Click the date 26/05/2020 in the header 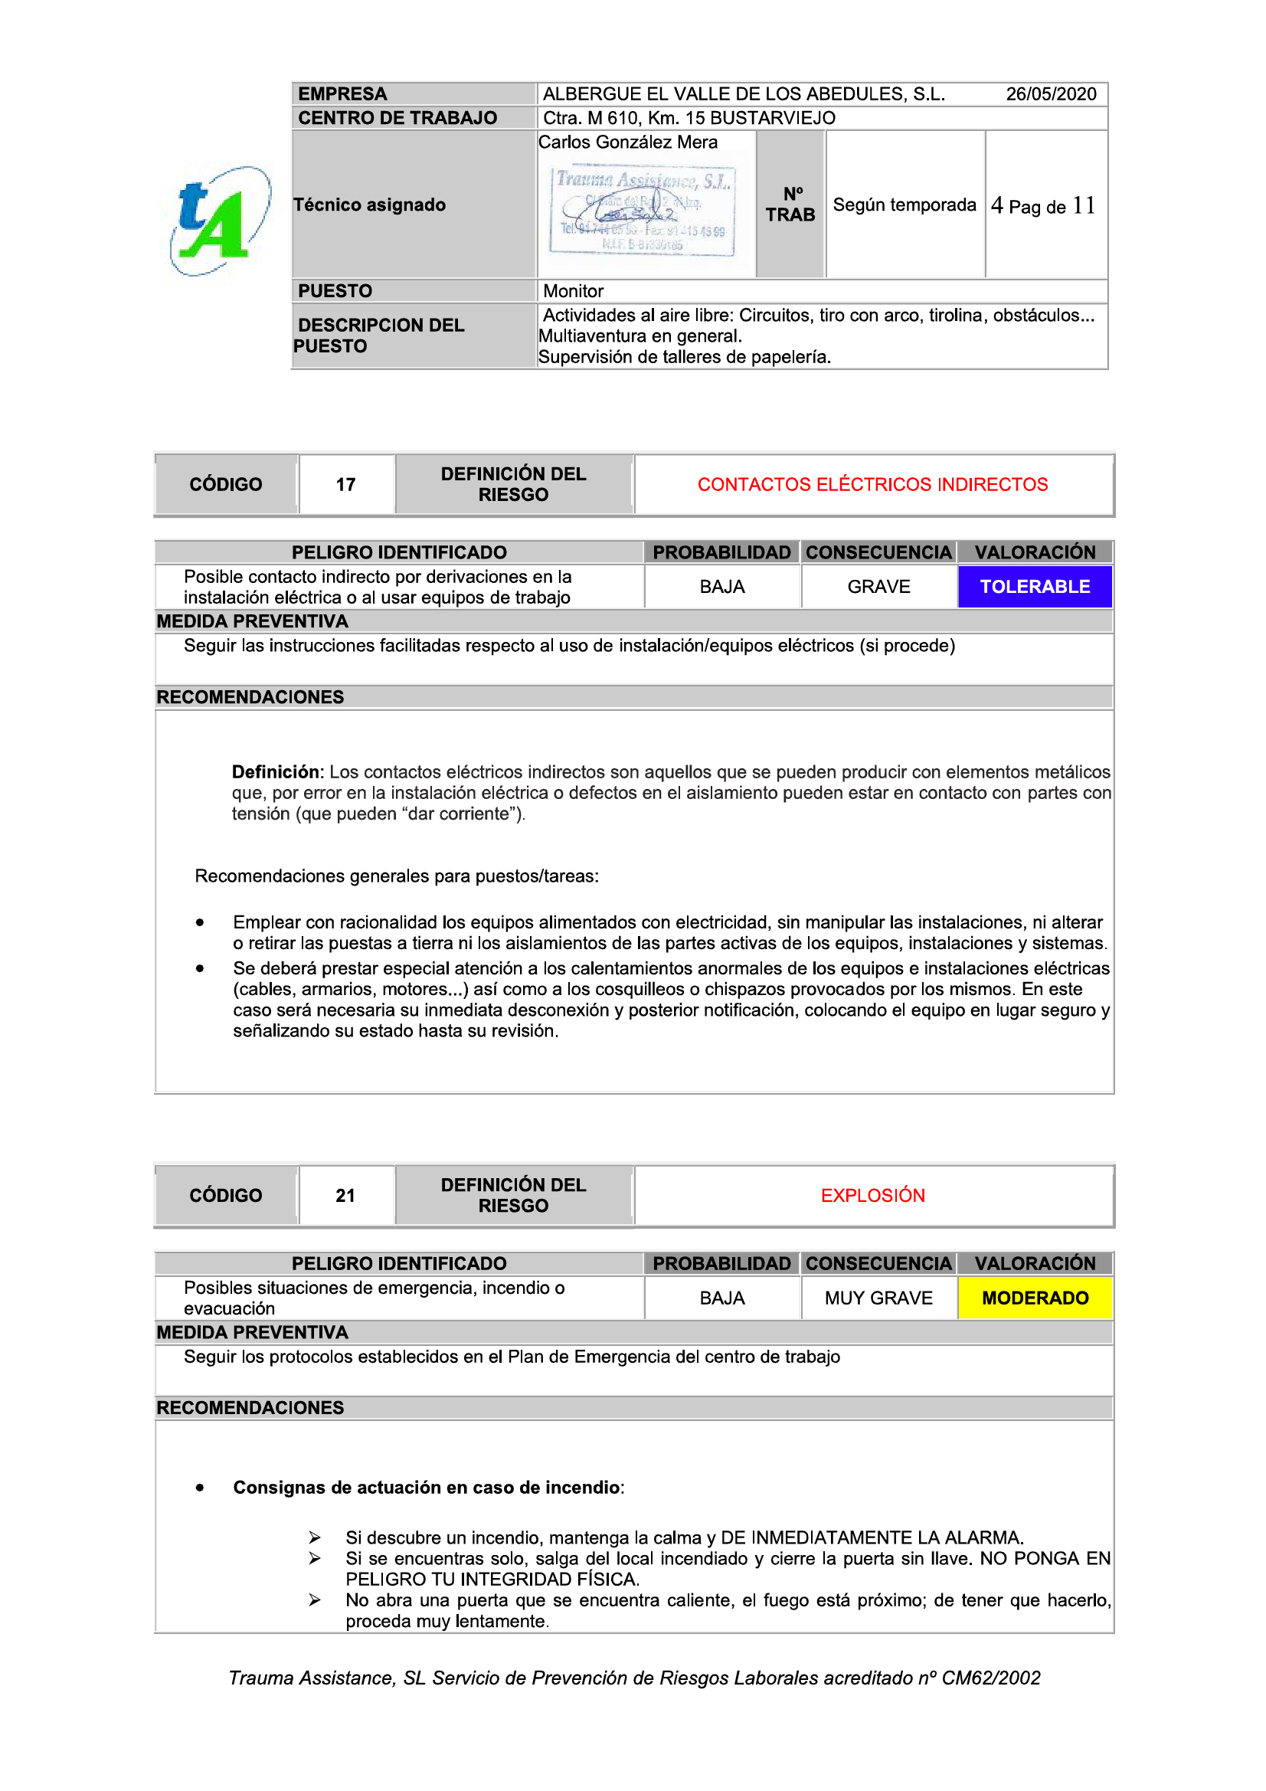(x=1050, y=94)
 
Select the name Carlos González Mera (x=628, y=142)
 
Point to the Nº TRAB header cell (x=790, y=205)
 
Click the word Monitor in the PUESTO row (x=574, y=292)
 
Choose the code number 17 (x=345, y=485)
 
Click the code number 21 (x=345, y=1196)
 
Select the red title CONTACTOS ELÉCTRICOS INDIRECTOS (x=872, y=485)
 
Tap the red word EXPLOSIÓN (x=872, y=1196)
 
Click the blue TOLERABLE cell (x=1035, y=587)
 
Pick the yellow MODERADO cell (x=1035, y=1298)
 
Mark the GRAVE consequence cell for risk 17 (x=878, y=587)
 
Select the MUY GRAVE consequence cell (x=878, y=1298)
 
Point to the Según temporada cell (x=904, y=205)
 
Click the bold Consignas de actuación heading (x=427, y=1488)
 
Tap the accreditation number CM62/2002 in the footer (x=990, y=1678)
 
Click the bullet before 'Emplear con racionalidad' (x=201, y=923)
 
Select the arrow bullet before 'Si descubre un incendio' (x=314, y=1537)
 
